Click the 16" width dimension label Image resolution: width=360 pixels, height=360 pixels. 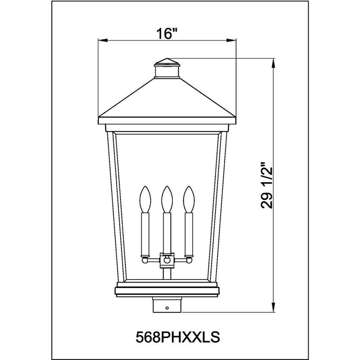pyautogui.click(x=168, y=33)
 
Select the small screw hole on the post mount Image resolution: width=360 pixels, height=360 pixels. pyautogui.click(x=167, y=308)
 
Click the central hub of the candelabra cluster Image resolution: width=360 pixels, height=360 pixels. pyautogui.click(x=167, y=260)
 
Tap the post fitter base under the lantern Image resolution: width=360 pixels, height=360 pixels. pyautogui.click(x=167, y=304)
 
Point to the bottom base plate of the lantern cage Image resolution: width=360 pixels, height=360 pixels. pyautogui.click(x=167, y=289)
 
